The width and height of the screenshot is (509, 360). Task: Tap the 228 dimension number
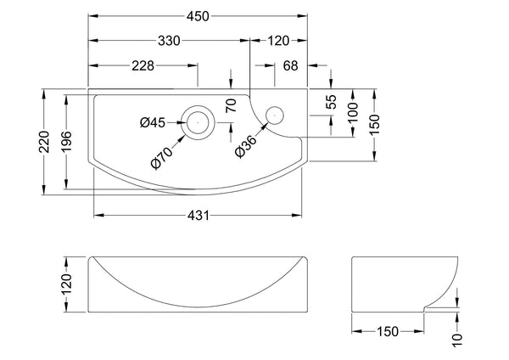click(143, 66)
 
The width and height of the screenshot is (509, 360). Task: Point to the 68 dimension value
click(290, 66)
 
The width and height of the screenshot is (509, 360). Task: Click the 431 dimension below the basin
click(197, 217)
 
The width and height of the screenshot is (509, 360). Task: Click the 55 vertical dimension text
click(332, 102)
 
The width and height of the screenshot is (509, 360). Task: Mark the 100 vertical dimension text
click(354, 111)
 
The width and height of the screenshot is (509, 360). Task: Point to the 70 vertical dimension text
click(230, 107)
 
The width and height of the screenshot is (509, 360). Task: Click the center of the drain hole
click(199, 120)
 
